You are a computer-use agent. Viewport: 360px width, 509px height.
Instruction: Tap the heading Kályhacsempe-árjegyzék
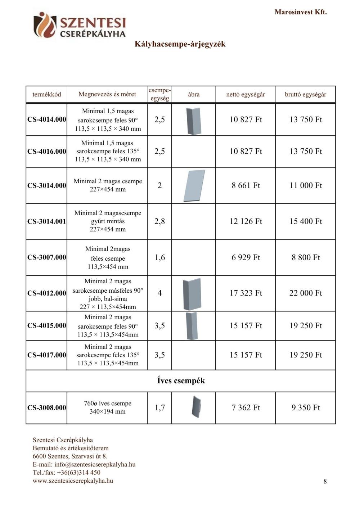[x=180, y=44]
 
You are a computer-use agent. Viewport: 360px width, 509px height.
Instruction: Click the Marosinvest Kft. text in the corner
[x=301, y=12]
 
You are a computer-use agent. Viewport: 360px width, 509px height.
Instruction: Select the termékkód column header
[x=47, y=94]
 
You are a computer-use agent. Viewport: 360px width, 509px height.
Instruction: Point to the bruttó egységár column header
[x=305, y=94]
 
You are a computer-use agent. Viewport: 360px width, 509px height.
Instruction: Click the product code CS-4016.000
[x=47, y=152]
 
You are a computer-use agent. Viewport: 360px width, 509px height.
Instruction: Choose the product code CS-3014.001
[x=47, y=221]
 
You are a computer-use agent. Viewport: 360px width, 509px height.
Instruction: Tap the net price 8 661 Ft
[x=246, y=185]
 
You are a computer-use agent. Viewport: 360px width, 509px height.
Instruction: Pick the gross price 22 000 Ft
[x=306, y=293]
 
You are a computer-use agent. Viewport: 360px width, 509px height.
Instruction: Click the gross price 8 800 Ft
[x=306, y=257]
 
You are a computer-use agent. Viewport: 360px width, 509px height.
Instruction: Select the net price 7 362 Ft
[x=246, y=407]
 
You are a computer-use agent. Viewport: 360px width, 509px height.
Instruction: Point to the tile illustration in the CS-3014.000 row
[x=194, y=186]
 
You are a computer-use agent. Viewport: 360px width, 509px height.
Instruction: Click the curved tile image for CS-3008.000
[x=196, y=407]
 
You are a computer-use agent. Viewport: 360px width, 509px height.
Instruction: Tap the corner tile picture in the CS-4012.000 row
[x=192, y=294]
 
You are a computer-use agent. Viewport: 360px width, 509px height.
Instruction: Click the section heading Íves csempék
[x=181, y=380]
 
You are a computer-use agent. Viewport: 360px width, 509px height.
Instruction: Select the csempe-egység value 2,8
[x=159, y=221]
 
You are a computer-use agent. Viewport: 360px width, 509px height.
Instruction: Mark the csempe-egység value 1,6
[x=159, y=257]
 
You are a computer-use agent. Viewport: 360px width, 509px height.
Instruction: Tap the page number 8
[x=325, y=481]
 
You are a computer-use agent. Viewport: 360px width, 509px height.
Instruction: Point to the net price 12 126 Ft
[x=246, y=221]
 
